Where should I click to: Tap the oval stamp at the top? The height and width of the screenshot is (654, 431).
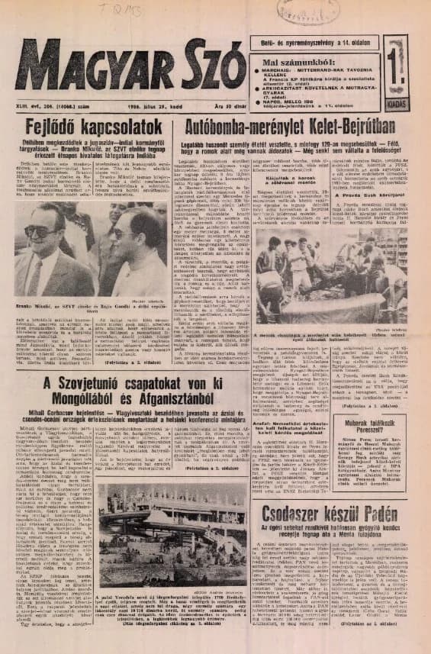click(308, 11)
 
